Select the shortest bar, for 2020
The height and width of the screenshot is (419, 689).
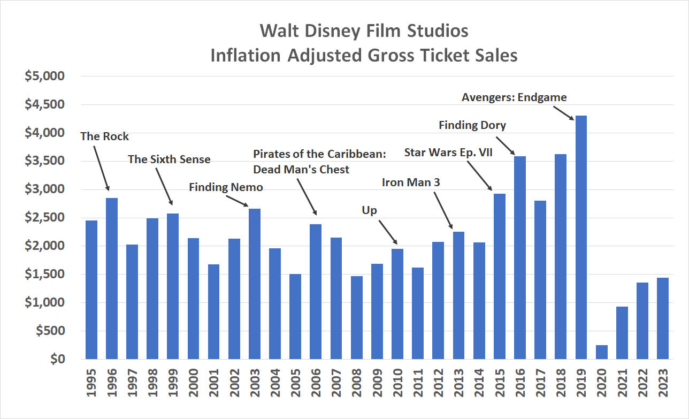click(x=601, y=352)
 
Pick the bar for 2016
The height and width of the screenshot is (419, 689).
click(x=519, y=257)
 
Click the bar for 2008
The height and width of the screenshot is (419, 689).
click(x=356, y=317)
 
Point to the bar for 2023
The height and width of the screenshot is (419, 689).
click(x=662, y=318)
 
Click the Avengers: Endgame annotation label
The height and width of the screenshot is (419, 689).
click(x=514, y=97)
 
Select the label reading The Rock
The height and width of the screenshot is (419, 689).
click(x=104, y=136)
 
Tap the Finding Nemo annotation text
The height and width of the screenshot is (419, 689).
click(x=226, y=187)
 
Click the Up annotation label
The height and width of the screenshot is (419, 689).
click(x=369, y=210)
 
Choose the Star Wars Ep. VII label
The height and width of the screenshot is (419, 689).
click(x=448, y=153)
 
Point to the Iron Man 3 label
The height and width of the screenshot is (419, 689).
click(x=411, y=182)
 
